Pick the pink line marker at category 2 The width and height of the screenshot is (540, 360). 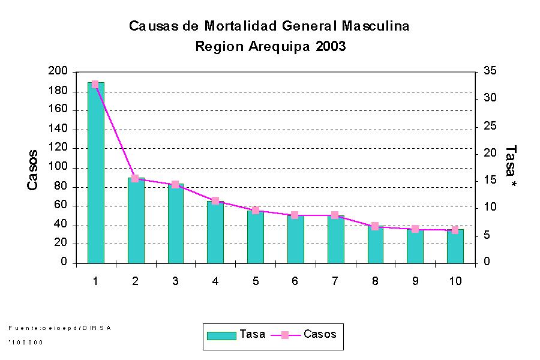[x=135, y=178]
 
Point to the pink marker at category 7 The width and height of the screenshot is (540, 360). [x=335, y=215]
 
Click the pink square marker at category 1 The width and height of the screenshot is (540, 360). [x=95, y=85]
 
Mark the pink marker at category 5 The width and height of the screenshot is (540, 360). [x=255, y=210]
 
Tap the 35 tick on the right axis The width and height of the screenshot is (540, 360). [x=490, y=71]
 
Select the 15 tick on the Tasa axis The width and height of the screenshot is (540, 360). [x=490, y=181]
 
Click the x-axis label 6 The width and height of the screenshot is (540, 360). [x=295, y=281]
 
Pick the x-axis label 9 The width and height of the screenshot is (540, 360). [x=415, y=281]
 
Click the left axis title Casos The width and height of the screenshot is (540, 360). [x=34, y=170]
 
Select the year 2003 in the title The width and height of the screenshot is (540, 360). [x=330, y=47]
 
